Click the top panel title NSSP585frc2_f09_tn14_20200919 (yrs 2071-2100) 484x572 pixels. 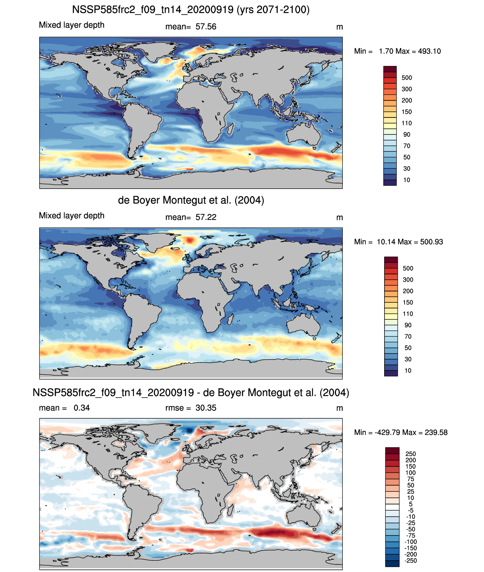coord(191,10)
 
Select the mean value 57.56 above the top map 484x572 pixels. coord(206,27)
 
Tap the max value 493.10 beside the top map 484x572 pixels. coord(429,51)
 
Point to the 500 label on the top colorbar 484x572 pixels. coord(406,78)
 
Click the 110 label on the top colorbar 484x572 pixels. coord(406,123)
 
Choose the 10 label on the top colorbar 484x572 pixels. coord(406,180)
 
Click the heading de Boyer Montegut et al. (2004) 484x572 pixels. coord(191,200)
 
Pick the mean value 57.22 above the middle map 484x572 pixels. coord(206,217)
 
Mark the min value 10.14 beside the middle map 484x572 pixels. coord(386,242)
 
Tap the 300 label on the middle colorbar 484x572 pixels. coord(408,280)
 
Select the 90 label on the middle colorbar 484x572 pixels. coord(408,325)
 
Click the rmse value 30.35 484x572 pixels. coord(206,408)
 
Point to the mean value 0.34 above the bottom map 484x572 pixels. coord(82,408)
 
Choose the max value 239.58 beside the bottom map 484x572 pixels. coord(436,433)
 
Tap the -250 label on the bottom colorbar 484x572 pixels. coord(411,561)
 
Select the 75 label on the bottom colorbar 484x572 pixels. coord(411,479)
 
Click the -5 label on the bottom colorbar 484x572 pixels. coord(411,510)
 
